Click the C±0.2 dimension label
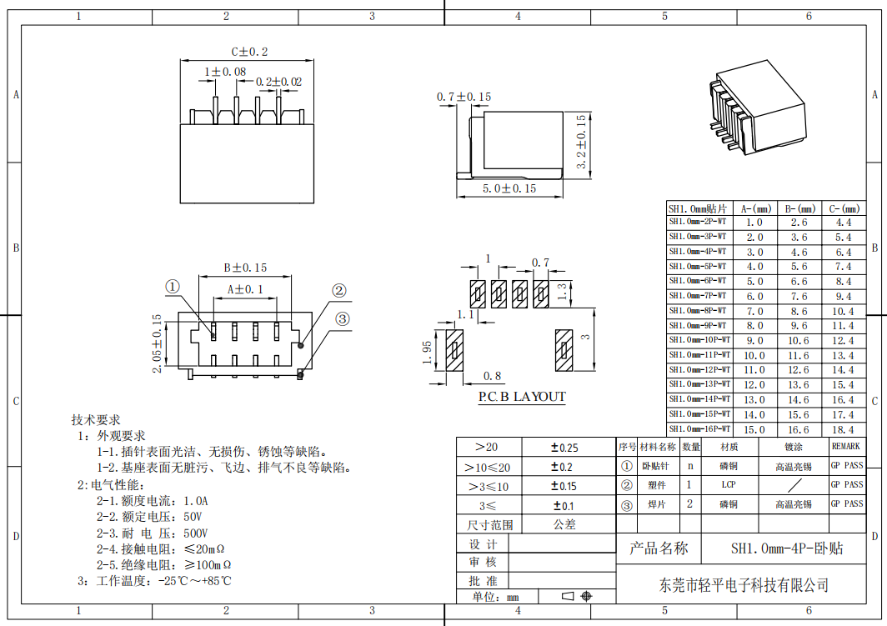tap(249, 52)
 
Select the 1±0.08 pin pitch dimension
tap(225, 73)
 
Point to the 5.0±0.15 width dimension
tap(509, 189)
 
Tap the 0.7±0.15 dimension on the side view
tap(464, 98)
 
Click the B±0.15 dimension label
tap(245, 268)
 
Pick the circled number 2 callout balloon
tap(338, 291)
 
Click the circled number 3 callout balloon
tap(343, 319)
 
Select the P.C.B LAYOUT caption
tap(522, 397)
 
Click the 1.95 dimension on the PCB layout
tap(427, 353)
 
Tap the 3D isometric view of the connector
tap(757, 106)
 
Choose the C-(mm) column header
tap(844, 208)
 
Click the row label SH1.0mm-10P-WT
tap(699, 340)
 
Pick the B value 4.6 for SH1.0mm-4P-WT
tap(799, 253)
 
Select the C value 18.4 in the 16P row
tap(843, 430)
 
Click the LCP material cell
tap(729, 484)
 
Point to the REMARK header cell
tap(845, 446)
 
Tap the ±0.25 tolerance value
tap(564, 448)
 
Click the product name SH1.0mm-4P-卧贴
tap(787, 548)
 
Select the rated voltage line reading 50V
tap(149, 517)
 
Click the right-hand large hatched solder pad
tap(564, 351)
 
